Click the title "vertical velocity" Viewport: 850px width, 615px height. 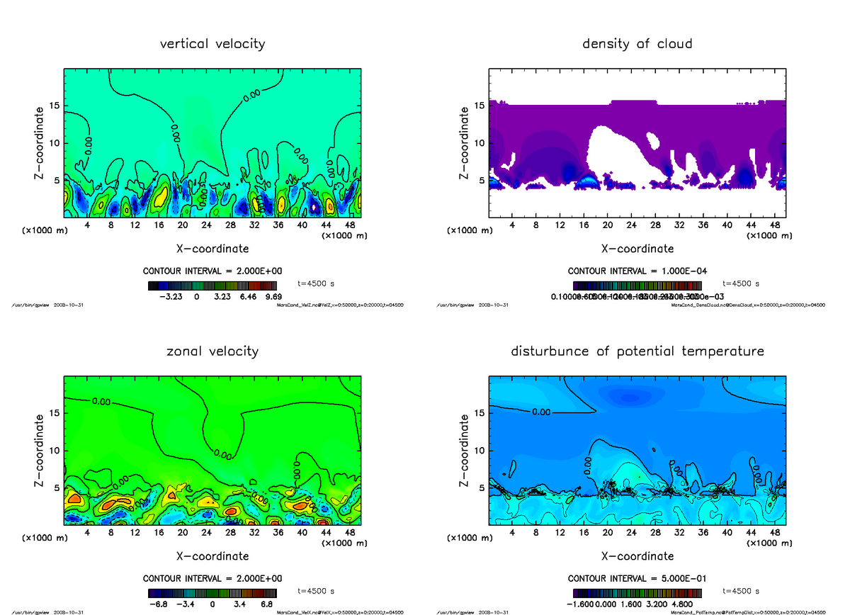[x=212, y=44]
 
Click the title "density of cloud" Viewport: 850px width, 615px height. [x=637, y=44]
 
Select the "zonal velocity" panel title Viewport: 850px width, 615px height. [x=212, y=351]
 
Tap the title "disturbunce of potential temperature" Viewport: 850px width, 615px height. [x=637, y=351]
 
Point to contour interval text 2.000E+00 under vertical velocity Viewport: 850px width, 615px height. [x=244, y=271]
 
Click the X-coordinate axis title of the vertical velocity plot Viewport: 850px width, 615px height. [x=212, y=249]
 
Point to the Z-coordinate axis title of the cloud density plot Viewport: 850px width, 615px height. [x=465, y=143]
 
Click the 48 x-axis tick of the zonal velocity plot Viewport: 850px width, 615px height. [x=349, y=533]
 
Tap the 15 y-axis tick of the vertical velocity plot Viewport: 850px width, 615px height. [x=55, y=106]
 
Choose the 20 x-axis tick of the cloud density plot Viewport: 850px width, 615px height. [x=607, y=226]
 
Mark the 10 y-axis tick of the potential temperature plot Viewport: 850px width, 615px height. [x=480, y=451]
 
